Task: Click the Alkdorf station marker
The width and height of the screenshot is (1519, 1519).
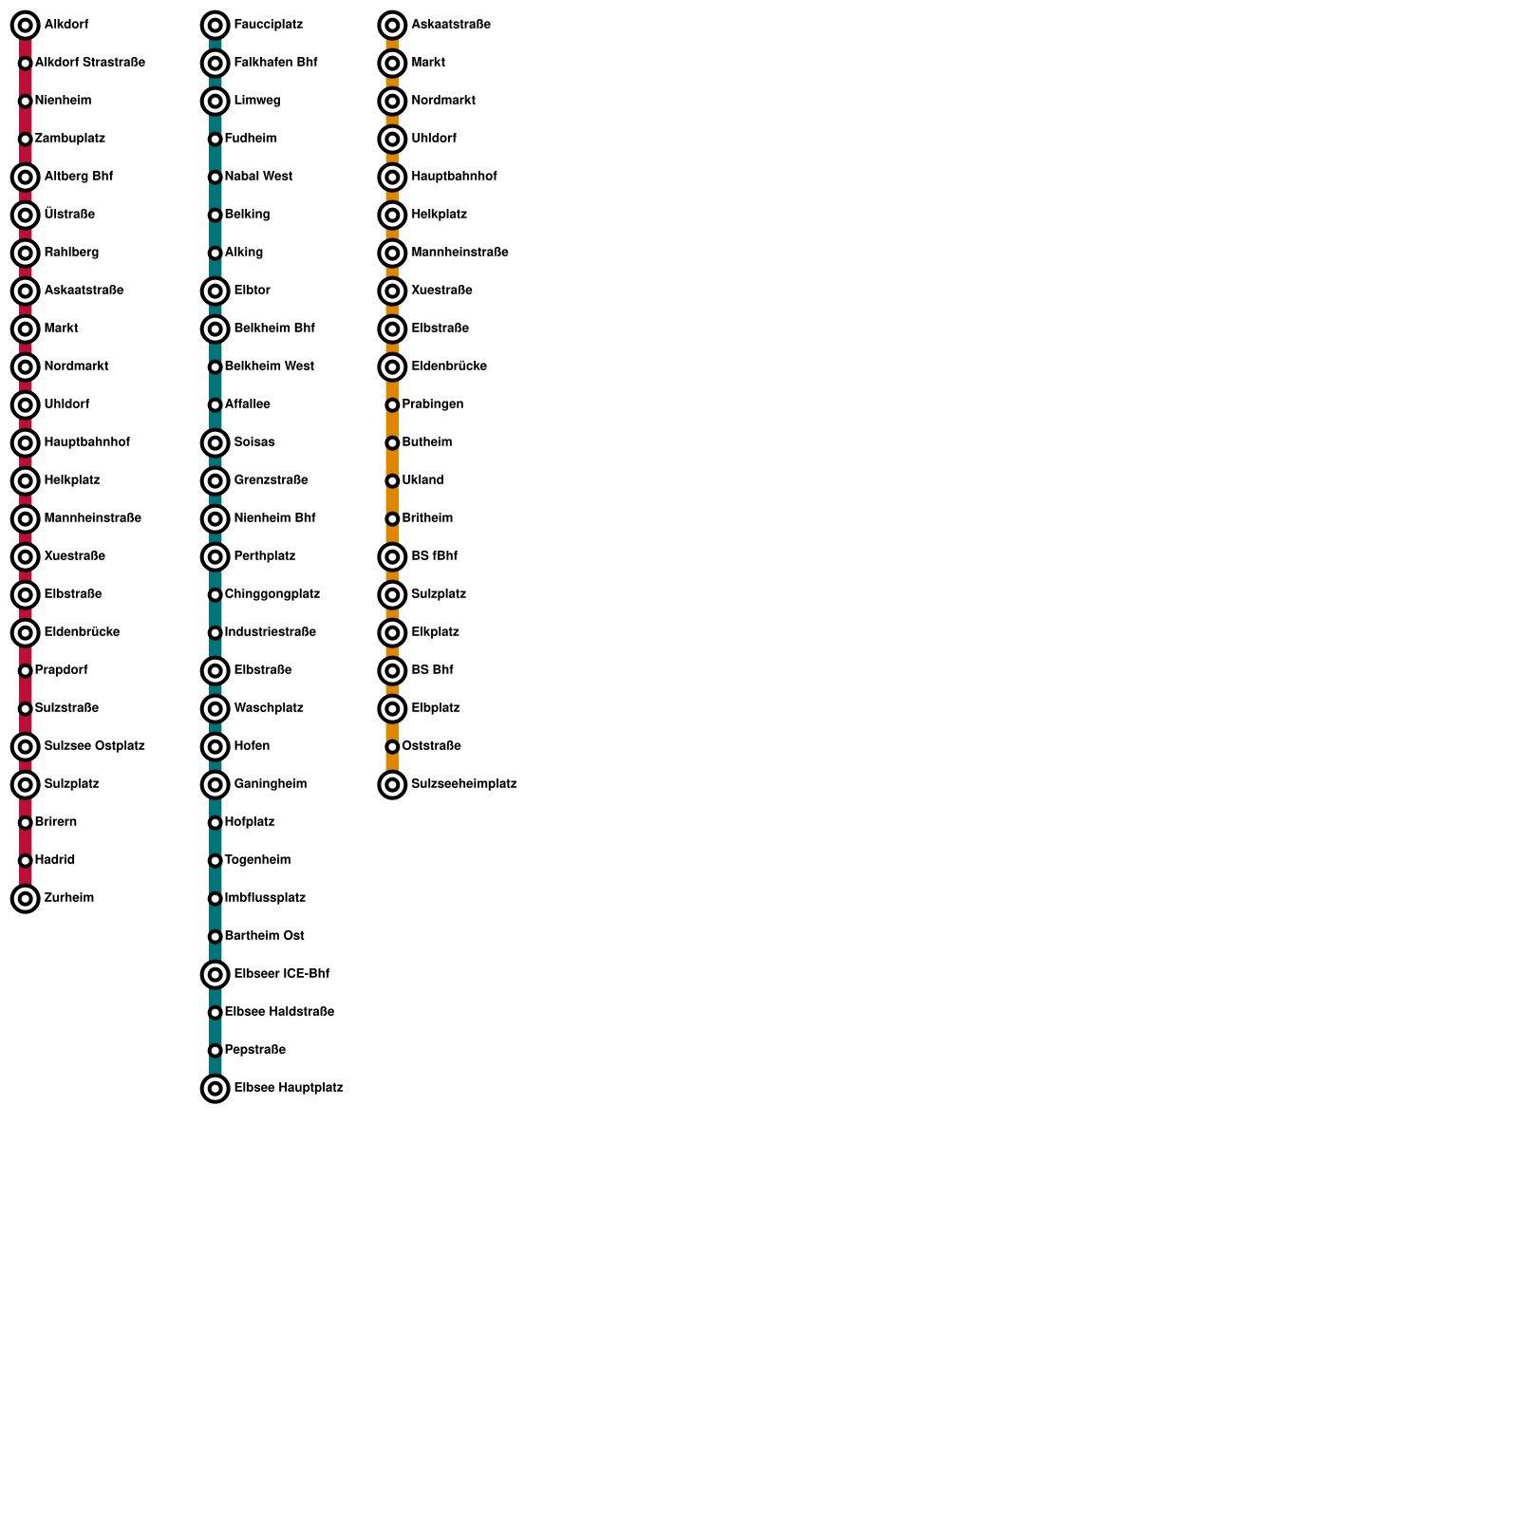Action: pos(26,26)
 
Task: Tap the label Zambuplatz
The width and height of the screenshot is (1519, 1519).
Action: pos(69,139)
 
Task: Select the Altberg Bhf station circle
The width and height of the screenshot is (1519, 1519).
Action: pos(26,178)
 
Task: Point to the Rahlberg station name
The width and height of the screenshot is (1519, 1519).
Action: pos(71,253)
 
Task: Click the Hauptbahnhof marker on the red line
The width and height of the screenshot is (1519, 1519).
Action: pos(26,443)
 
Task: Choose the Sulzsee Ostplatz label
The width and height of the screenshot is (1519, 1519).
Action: pos(94,746)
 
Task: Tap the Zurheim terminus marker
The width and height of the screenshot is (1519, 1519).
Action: pos(26,899)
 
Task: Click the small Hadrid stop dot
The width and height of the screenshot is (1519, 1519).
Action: pos(26,861)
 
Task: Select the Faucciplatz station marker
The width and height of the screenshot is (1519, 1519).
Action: pos(216,26)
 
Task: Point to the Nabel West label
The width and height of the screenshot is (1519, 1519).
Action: pos(258,177)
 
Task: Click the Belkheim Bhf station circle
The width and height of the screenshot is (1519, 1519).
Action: pos(216,329)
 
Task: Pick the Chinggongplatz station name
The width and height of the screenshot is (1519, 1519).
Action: pos(272,594)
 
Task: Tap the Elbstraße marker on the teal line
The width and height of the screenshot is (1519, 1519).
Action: pos(216,671)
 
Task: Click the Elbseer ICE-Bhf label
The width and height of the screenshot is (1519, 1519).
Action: pos(281,974)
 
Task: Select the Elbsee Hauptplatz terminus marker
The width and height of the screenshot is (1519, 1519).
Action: pos(216,1089)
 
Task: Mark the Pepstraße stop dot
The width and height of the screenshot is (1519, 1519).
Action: pos(216,1051)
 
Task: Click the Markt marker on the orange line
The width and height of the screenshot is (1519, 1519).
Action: pos(392,64)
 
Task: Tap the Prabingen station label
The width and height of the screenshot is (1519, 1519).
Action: pos(432,404)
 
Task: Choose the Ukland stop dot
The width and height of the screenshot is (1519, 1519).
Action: pos(392,481)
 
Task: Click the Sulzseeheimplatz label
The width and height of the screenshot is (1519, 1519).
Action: pos(463,784)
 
